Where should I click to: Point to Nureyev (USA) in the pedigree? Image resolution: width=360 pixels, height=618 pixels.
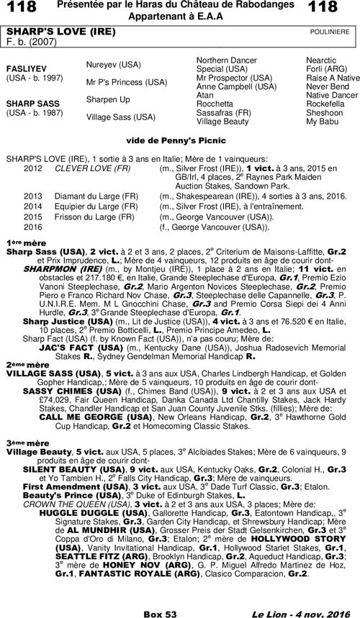pyautogui.click(x=113, y=64)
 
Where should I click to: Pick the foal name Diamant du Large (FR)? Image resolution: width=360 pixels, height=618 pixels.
pyautogui.click(x=91, y=195)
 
